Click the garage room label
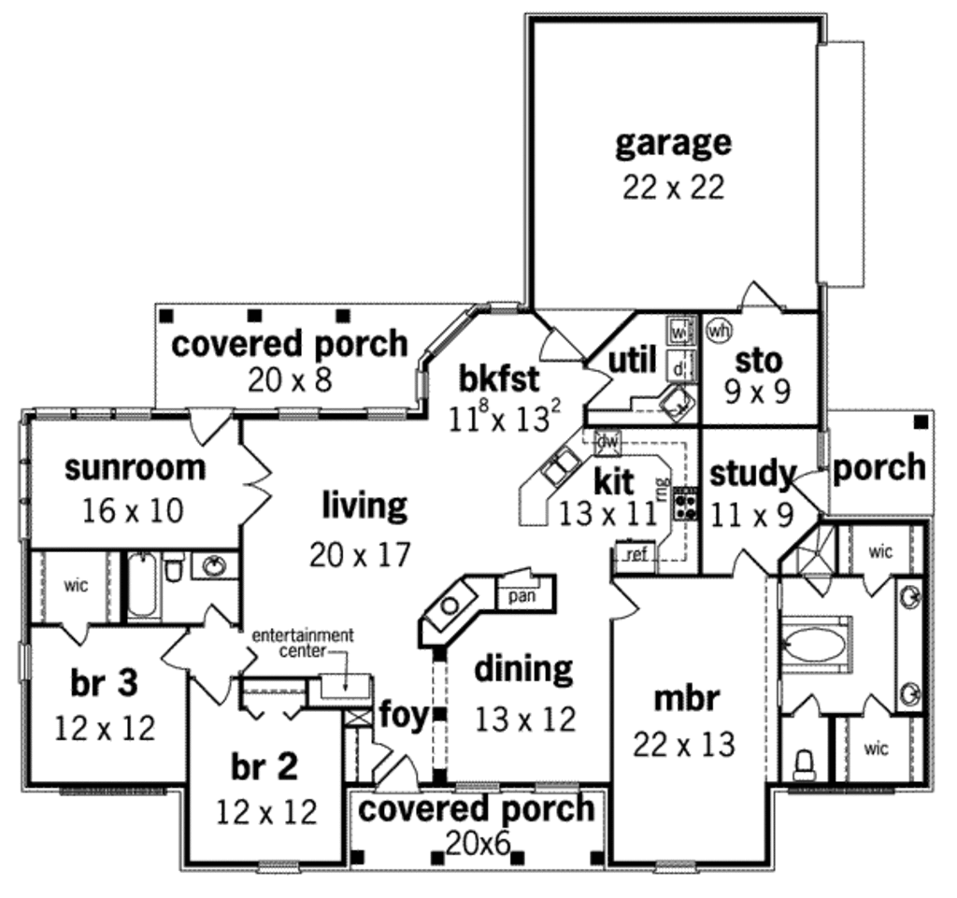673,143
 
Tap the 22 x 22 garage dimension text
673,187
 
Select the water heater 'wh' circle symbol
718,330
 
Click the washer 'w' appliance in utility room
678,332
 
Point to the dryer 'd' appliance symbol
678,367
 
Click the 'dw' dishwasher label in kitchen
607,440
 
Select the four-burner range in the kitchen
686,504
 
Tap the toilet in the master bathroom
803,765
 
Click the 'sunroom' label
135,467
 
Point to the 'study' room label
751,474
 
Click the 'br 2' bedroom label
264,766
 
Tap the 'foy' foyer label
403,715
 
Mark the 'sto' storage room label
759,359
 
